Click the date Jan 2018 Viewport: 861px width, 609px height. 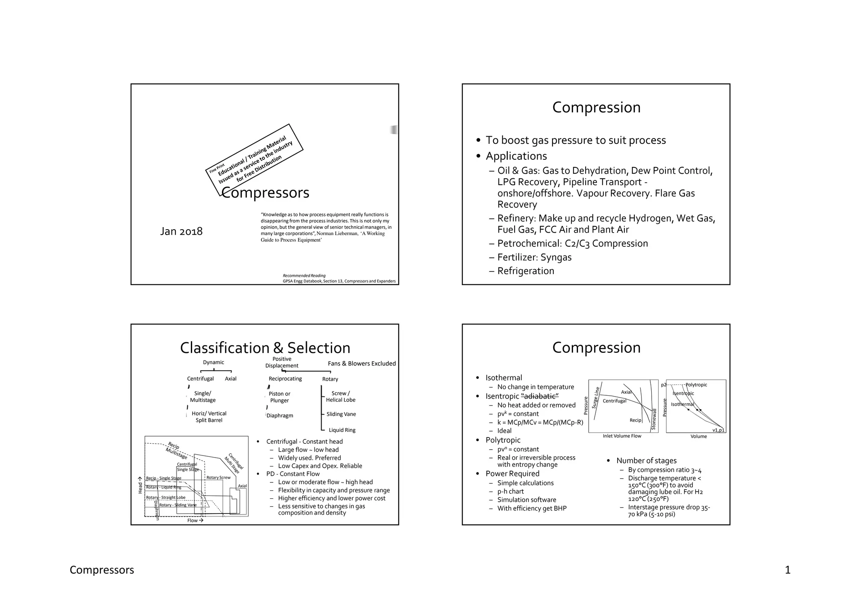click(181, 231)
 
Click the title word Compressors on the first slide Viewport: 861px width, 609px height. click(265, 193)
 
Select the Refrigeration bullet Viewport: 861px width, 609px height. click(526, 271)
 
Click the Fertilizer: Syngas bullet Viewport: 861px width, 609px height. click(534, 257)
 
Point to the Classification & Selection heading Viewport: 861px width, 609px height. click(265, 348)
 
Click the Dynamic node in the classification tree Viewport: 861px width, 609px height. click(214, 363)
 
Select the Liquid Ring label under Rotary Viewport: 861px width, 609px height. click(342, 430)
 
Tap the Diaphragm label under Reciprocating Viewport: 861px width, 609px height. click(280, 416)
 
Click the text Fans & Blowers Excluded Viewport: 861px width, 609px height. click(362, 363)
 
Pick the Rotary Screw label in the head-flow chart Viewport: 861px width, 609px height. click(218, 477)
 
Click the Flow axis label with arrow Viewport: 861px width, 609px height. click(195, 520)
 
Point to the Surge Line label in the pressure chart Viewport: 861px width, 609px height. click(595, 397)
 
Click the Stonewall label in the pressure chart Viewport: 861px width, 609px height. click(654, 419)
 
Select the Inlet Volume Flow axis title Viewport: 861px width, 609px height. click(622, 436)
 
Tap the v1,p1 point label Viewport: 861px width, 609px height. click(718, 430)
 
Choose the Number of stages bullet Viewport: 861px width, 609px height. click(646, 461)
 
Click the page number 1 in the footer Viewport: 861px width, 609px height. click(787, 570)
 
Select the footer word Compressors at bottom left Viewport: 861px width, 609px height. click(102, 570)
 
